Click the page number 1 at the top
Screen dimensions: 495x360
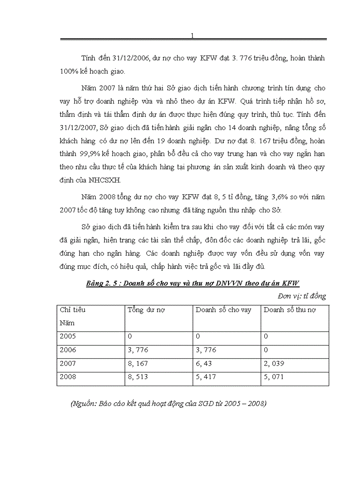point(192,36)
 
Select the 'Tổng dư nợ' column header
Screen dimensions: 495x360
point(146,310)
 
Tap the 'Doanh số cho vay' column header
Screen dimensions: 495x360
point(223,310)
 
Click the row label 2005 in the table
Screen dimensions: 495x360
point(67,336)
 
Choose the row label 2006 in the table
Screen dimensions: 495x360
point(67,350)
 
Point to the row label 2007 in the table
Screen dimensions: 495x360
point(67,364)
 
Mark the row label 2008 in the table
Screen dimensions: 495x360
point(67,377)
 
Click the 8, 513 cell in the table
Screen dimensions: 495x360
point(138,377)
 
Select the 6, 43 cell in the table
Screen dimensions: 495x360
point(204,364)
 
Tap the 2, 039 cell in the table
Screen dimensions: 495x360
point(274,364)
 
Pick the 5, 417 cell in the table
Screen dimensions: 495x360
point(206,377)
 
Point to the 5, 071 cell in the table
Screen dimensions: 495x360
point(274,377)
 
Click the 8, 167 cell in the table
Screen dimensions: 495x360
point(138,364)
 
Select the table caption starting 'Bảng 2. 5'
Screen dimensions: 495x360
point(193,284)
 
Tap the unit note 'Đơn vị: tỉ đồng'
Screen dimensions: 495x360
point(302,296)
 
